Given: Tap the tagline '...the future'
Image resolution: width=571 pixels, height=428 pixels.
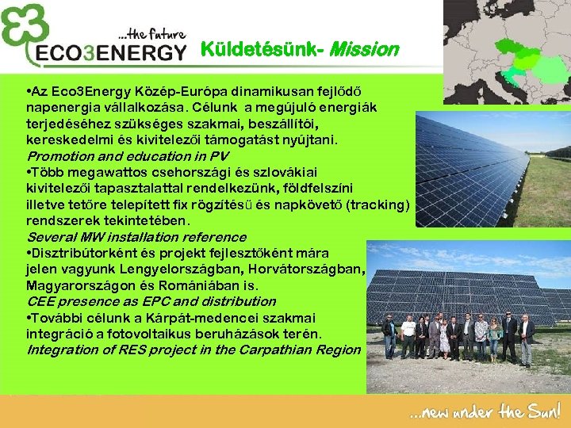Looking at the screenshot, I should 151,34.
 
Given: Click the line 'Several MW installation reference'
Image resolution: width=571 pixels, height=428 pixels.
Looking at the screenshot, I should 136,237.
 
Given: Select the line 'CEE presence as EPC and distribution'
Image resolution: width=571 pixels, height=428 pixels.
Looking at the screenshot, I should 151,301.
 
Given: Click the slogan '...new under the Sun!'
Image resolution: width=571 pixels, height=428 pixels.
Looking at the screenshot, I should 485,412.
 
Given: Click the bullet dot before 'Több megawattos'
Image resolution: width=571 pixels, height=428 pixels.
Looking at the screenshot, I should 29,173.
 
